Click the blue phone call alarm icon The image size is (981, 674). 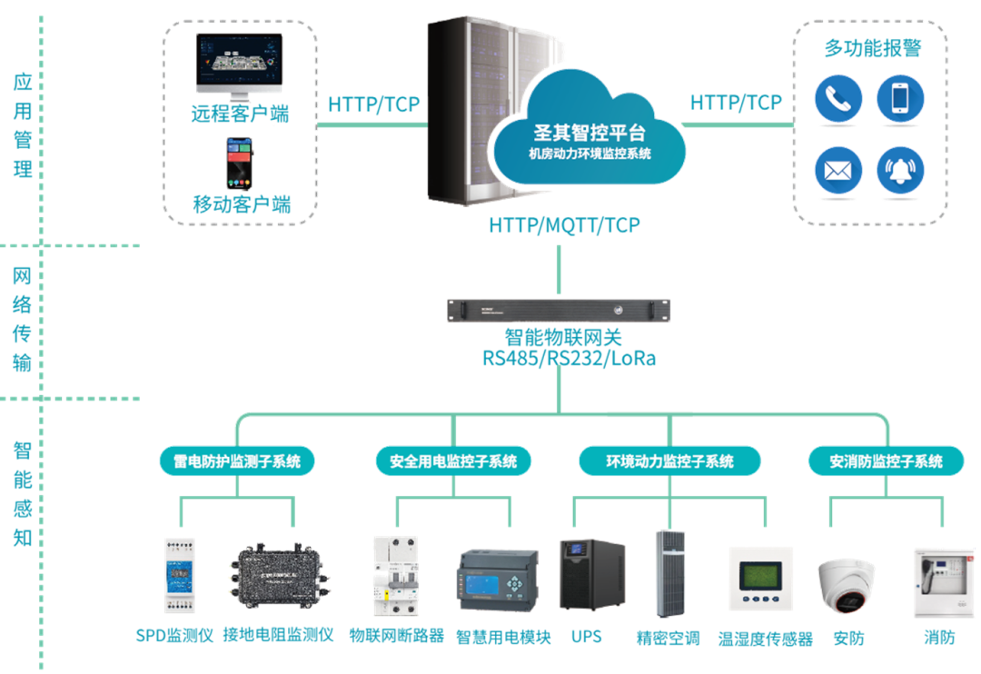point(837,100)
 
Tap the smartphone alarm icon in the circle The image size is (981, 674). point(900,100)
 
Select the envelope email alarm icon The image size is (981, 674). point(837,170)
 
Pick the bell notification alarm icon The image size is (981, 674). point(900,170)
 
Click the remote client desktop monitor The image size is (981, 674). point(239,65)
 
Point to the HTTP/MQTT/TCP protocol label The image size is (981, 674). point(564,225)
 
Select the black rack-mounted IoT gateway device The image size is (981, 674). point(559,310)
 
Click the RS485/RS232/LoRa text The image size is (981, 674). point(569,359)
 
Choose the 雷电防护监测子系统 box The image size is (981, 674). point(237,461)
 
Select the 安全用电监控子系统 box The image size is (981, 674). point(453,461)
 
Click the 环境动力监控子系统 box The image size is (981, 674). point(669,461)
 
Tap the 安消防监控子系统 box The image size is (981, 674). point(886,461)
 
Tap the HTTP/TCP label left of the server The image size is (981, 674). point(373,104)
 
